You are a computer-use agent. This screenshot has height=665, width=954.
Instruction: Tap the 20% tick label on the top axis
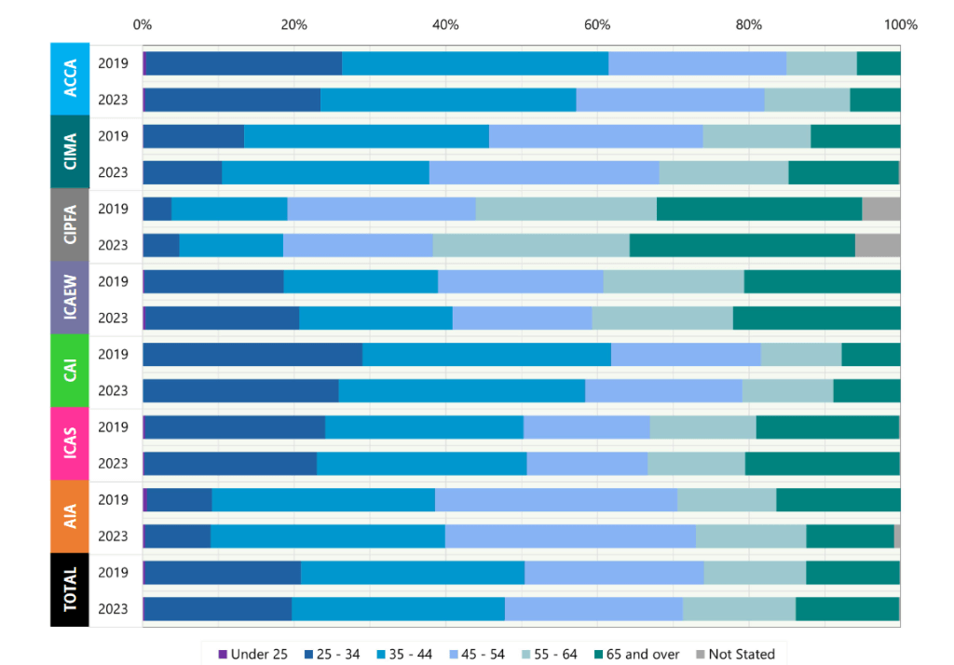point(293,24)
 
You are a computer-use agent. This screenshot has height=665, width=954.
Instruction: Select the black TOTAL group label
point(70,590)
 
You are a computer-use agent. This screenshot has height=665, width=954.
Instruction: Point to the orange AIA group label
point(70,517)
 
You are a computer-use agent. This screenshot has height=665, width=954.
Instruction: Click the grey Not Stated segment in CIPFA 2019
point(880,209)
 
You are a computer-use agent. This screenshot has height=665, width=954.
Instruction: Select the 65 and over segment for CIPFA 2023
point(742,245)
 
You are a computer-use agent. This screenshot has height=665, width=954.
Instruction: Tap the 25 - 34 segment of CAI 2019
point(252,354)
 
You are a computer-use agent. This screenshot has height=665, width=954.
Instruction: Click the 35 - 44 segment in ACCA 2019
point(475,63)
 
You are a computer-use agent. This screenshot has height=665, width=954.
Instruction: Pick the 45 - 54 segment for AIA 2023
point(570,536)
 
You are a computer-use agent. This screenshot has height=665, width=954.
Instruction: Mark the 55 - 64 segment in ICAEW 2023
point(661,318)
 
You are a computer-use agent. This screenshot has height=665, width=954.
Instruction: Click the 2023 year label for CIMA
point(113,172)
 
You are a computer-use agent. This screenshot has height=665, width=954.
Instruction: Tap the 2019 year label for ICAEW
point(113,281)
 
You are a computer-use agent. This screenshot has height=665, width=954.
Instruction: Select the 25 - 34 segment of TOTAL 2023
point(218,608)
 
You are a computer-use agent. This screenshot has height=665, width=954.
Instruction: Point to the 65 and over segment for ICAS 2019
point(827,427)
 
